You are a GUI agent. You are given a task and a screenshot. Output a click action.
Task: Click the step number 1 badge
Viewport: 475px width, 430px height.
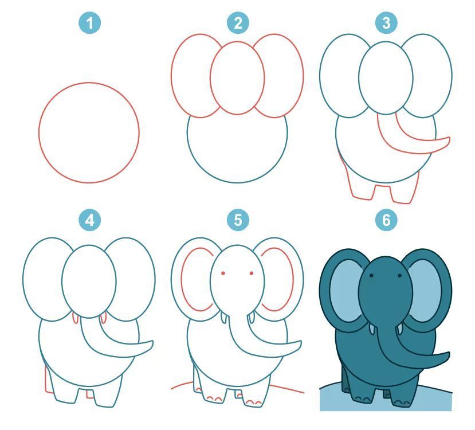[x=89, y=23]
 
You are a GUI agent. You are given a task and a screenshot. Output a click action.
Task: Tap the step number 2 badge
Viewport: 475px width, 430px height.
[x=238, y=23]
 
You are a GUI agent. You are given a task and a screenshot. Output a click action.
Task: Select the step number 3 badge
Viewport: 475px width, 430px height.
[x=386, y=23]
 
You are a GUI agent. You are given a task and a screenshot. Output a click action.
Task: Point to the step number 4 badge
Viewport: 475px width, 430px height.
[x=89, y=220]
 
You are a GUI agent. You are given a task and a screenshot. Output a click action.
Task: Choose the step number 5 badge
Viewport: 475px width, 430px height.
[x=238, y=220]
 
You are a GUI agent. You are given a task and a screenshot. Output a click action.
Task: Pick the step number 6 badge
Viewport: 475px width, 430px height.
[x=386, y=220]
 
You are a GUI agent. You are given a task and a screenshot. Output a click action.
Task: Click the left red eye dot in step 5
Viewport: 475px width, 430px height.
[x=223, y=273]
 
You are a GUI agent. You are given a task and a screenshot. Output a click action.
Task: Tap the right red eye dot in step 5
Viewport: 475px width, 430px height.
[x=252, y=273]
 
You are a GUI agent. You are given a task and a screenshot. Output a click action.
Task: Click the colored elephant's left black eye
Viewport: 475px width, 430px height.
[x=371, y=276]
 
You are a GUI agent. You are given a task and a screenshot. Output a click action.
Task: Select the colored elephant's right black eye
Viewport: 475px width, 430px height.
[x=399, y=276]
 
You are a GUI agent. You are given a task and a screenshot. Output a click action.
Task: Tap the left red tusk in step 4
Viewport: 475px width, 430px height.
[x=75, y=318]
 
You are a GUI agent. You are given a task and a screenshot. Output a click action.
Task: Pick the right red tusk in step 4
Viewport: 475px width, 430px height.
[x=103, y=318]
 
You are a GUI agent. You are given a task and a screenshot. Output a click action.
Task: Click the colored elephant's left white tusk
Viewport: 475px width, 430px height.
[x=372, y=329]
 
